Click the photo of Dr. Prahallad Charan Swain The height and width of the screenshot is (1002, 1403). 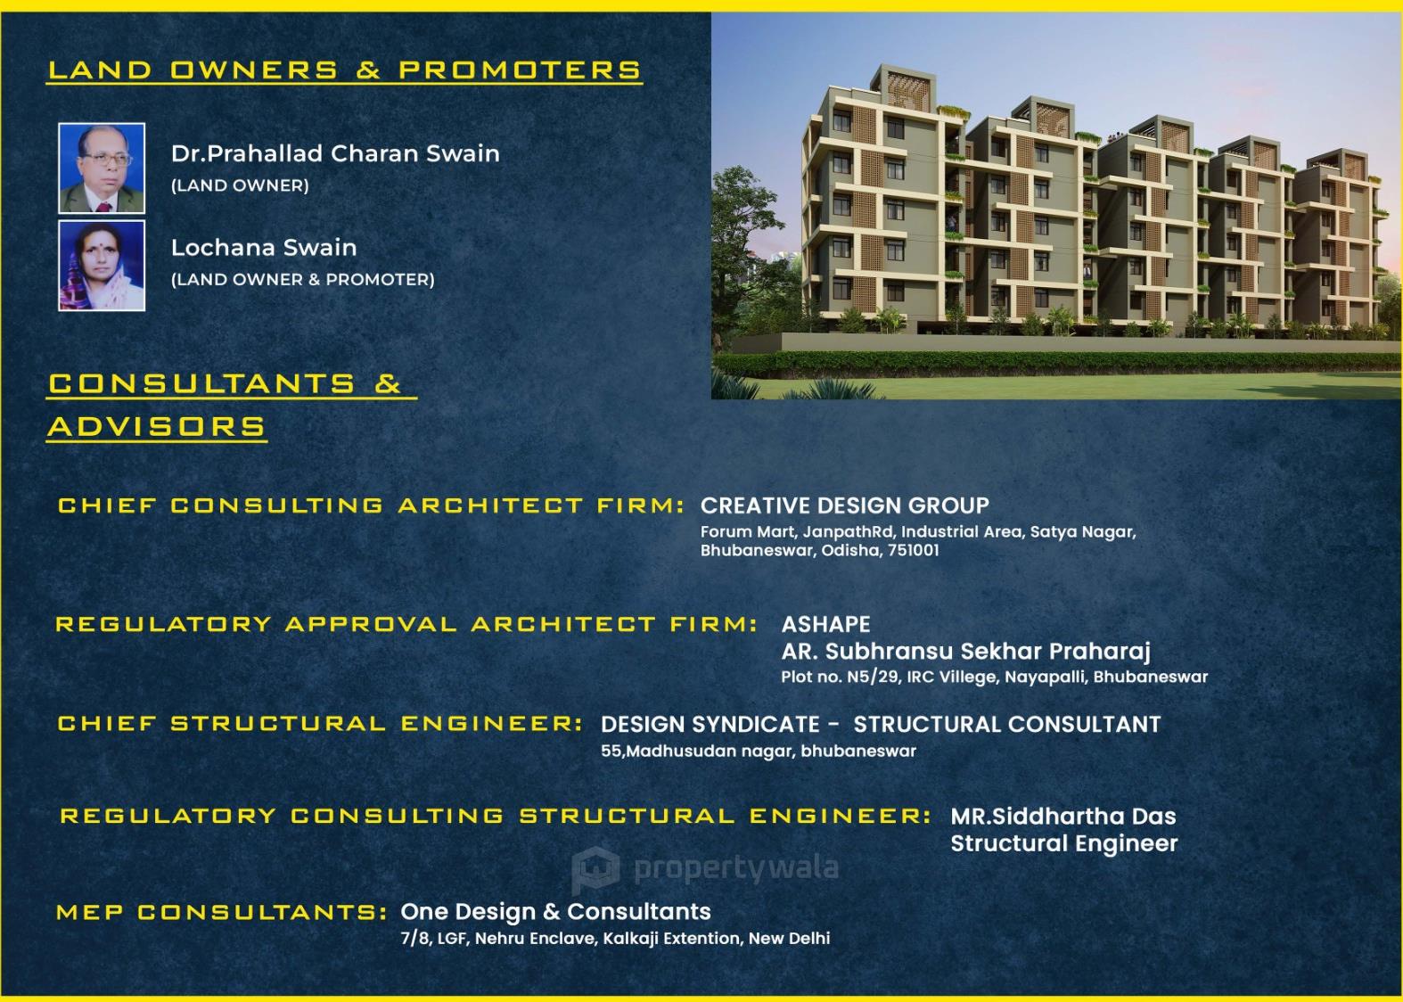tap(102, 168)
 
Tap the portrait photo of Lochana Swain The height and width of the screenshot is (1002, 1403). tap(102, 266)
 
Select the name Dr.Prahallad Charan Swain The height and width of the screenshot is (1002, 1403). tap(336, 153)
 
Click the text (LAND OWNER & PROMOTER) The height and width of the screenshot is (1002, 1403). tap(302, 279)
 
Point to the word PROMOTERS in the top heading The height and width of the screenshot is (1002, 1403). tap(520, 70)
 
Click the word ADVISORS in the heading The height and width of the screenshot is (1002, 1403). tap(157, 426)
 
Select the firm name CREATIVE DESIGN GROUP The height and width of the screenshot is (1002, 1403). tap(845, 505)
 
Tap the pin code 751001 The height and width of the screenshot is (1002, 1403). tap(914, 550)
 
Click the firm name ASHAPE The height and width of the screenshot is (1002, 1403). tap(825, 624)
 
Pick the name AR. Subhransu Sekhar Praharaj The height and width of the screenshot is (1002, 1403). tap(966, 652)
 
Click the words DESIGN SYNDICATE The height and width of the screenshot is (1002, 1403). tap(710, 725)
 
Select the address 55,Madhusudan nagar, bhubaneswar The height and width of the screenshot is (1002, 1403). tap(759, 751)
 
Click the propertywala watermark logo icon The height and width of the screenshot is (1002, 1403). tap(595, 869)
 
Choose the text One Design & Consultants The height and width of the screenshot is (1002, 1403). tap(555, 912)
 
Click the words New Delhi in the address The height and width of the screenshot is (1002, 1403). tap(789, 939)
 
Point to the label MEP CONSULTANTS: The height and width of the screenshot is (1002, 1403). tap(222, 913)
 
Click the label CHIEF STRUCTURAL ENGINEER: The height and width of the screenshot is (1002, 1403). tap(320, 724)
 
